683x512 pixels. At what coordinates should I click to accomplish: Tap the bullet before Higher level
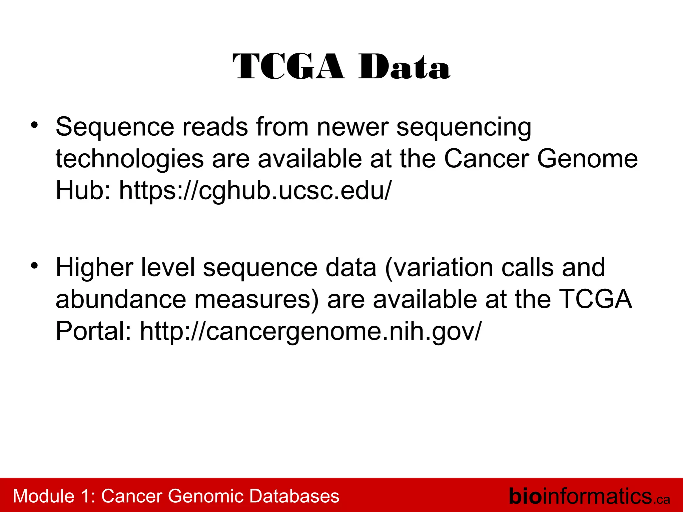pos(34,266)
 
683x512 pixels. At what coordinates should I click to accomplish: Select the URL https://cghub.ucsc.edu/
pos(255,191)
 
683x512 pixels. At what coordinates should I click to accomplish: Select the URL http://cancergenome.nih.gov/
pos(310,331)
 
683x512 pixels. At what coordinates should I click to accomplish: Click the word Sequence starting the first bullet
pos(115,127)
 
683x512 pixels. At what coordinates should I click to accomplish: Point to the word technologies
pos(129,159)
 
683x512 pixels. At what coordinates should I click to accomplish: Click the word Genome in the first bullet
pos(587,159)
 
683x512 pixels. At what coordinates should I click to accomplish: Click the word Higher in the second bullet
pos(94,268)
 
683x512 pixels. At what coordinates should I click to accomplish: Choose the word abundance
pos(120,299)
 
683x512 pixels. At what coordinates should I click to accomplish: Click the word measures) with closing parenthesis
pos(256,299)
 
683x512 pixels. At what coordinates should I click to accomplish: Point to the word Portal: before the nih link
pos(93,331)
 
